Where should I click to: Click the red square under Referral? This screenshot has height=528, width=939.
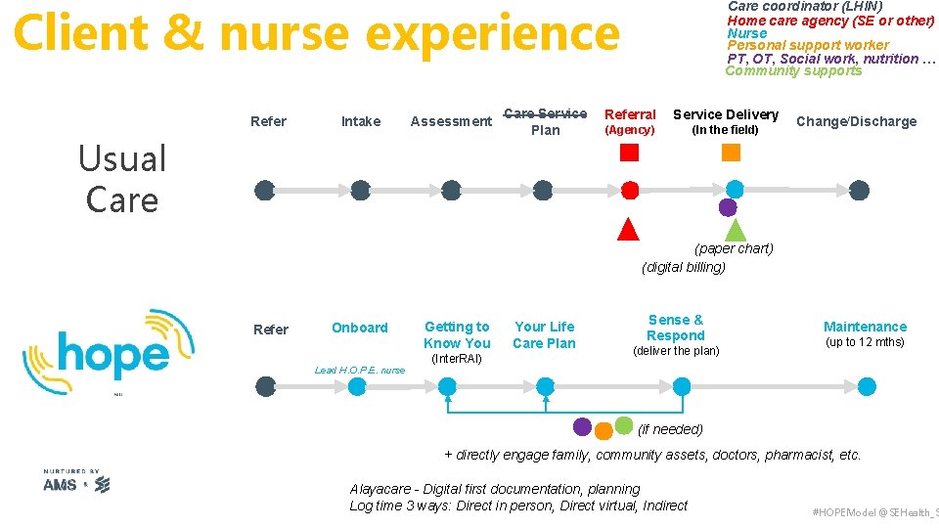(630, 153)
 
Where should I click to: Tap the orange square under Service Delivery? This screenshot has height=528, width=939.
(731, 153)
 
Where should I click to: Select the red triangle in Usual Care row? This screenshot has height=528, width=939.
(628, 229)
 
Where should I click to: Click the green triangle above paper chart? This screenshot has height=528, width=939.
(736, 230)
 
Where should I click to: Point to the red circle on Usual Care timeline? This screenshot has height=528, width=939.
(631, 191)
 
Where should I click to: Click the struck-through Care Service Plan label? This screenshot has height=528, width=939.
(545, 121)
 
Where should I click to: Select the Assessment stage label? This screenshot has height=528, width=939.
(451, 121)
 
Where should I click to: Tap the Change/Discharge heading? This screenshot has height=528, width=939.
(856, 121)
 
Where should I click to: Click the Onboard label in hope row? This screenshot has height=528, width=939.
(359, 328)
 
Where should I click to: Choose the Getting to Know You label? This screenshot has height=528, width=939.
(457, 334)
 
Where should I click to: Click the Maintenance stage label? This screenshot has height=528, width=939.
(865, 327)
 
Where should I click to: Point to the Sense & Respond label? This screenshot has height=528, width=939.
(675, 328)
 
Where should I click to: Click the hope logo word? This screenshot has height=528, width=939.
(112, 355)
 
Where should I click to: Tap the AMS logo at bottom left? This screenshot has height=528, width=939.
(61, 484)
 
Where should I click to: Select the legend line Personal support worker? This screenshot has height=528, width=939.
(808, 45)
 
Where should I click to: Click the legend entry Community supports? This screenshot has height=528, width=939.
(793, 70)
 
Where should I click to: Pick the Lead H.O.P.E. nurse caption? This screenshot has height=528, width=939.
(359, 370)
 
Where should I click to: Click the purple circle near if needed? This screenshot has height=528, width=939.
(582, 426)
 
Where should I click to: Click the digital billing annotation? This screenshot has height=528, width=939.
(684, 267)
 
